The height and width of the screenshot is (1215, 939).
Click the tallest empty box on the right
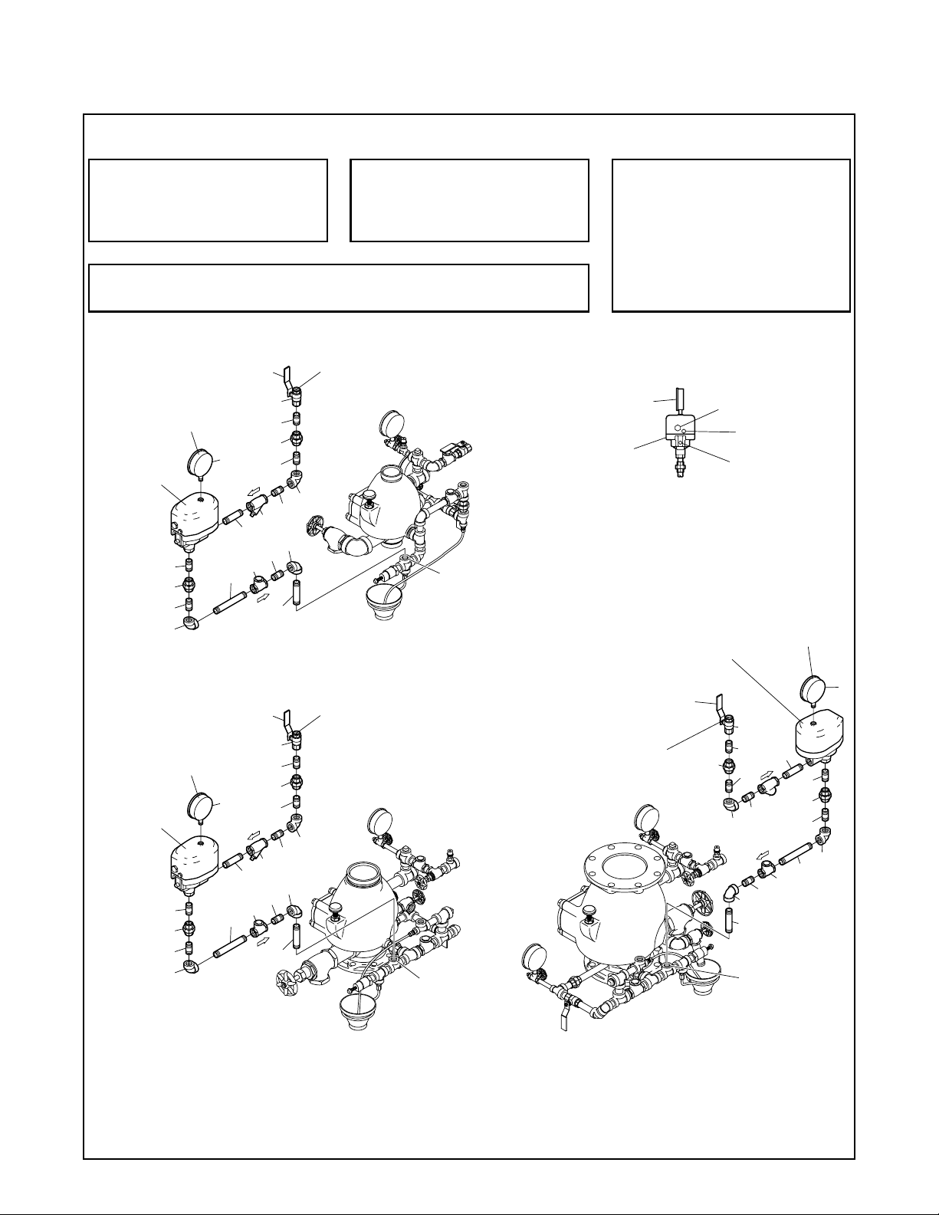(731, 235)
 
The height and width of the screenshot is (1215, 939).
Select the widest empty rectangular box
(338, 287)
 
